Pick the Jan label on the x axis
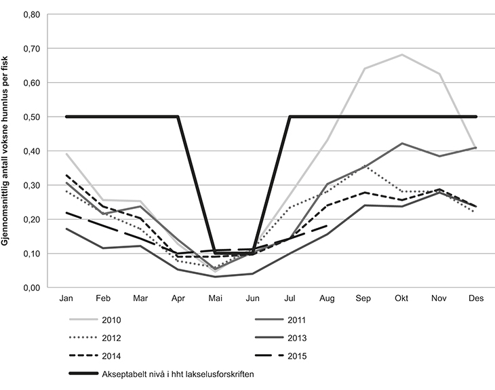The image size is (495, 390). [x=66, y=298]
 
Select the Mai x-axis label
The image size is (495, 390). [x=215, y=298]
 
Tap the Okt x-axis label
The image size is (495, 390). [x=401, y=298]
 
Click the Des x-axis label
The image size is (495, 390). [x=476, y=298]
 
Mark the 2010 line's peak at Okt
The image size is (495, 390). [x=401, y=55]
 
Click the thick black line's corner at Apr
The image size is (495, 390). [x=178, y=117]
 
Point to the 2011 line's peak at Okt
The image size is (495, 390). [x=401, y=143]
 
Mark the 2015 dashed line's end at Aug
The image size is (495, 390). [x=327, y=226]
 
